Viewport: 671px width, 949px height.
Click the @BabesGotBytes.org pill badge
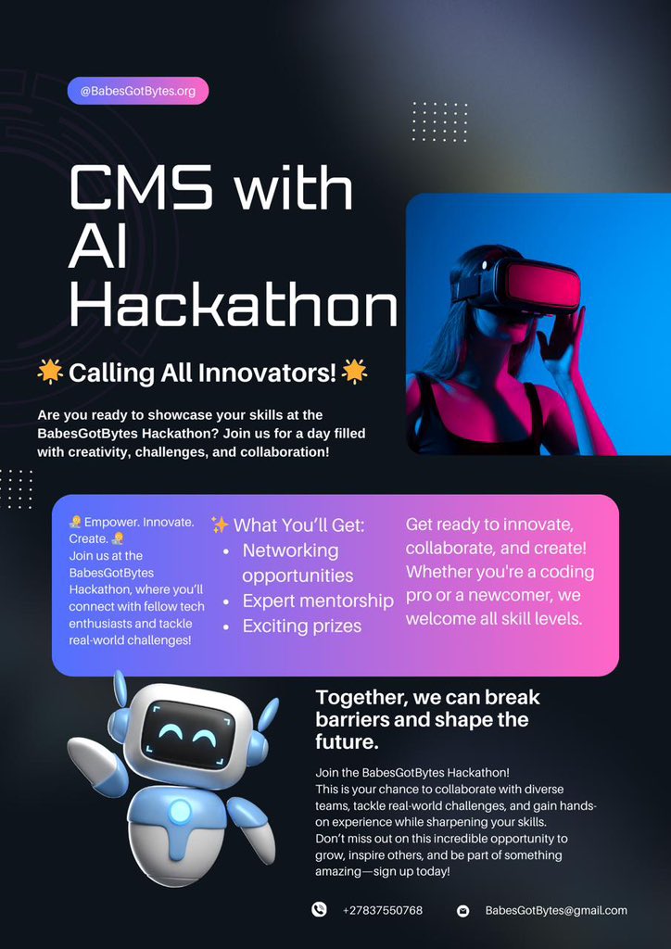138,91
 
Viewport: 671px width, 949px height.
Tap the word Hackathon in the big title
234,306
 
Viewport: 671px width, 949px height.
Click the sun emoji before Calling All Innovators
50,373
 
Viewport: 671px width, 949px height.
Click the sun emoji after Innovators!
354,373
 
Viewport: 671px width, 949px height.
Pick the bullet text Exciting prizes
301,626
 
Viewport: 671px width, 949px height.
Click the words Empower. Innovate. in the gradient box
139,523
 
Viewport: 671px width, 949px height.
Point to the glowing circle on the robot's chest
180,812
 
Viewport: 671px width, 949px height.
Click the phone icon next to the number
319,910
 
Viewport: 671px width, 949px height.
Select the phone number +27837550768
382,911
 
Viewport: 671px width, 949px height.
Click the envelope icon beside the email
462,911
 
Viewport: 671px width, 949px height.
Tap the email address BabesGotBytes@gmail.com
556,911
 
